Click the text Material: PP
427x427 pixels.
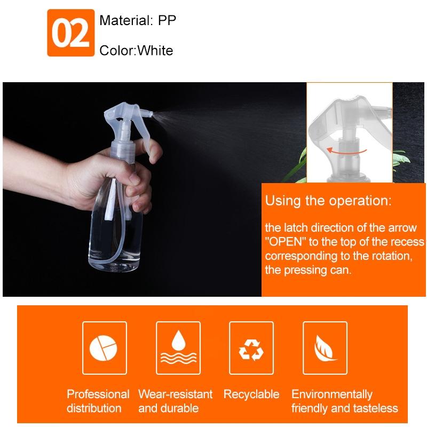tap(137, 21)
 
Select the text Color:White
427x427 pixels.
tap(136, 51)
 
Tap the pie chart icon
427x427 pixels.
tap(105, 347)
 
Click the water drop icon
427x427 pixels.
tap(178, 347)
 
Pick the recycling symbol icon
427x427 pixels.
tap(251, 347)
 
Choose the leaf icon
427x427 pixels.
tap(325, 347)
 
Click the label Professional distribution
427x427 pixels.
tap(98, 401)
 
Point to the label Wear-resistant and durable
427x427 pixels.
tap(175, 401)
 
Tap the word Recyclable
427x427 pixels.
tap(251, 394)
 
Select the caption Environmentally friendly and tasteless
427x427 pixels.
tap(344, 401)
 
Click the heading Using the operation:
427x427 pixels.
tap(328, 201)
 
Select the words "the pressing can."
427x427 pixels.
tap(309, 270)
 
